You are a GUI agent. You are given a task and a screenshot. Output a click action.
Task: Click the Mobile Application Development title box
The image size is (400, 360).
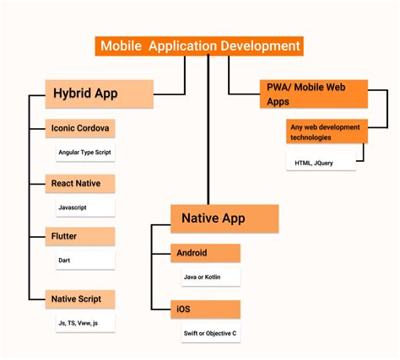pyautogui.click(x=198, y=46)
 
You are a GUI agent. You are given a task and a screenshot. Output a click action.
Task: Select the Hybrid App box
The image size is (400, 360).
pyautogui.click(x=99, y=94)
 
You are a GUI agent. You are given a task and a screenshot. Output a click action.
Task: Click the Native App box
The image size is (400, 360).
pyautogui.click(x=224, y=218)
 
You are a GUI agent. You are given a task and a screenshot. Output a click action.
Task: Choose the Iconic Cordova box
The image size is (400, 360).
pyautogui.click(x=79, y=130)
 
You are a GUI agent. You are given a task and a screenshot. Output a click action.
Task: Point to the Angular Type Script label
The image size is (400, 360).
pyautogui.click(x=84, y=153)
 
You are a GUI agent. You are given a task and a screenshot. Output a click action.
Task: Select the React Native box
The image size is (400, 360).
pyautogui.click(x=79, y=183)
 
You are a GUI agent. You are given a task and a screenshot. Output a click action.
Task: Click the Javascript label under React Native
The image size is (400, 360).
pyautogui.click(x=73, y=207)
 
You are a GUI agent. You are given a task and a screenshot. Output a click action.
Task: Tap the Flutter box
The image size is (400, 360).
pyautogui.click(x=79, y=237)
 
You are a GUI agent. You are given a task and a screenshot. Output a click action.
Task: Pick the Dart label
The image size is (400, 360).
pyautogui.click(x=65, y=261)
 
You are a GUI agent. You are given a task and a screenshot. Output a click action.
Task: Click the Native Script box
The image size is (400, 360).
pyautogui.click(x=79, y=298)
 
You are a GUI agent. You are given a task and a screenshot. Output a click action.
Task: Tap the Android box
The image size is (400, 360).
pyautogui.click(x=206, y=253)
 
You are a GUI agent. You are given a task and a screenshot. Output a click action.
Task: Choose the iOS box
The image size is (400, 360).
pyautogui.click(x=206, y=309)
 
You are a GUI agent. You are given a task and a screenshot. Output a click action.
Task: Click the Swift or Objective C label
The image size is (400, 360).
pyautogui.click(x=210, y=333)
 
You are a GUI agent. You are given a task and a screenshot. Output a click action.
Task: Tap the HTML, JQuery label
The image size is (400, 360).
pyautogui.click(x=313, y=162)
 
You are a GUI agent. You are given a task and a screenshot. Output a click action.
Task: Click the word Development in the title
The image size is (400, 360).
pyautogui.click(x=260, y=46)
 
